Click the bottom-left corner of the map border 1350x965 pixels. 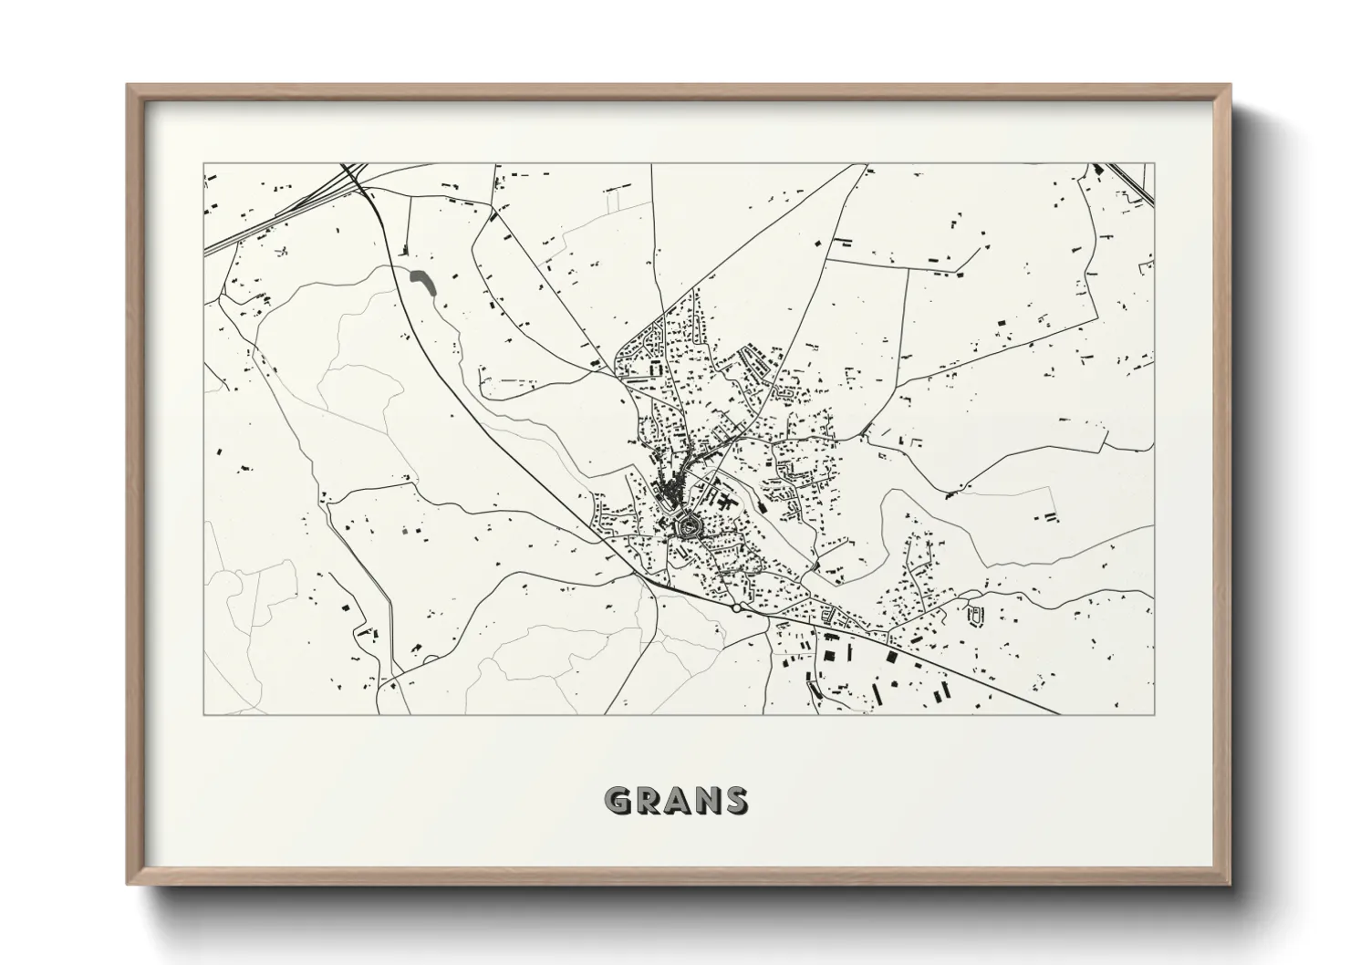(203, 714)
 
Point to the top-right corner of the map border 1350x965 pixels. (1154, 164)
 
